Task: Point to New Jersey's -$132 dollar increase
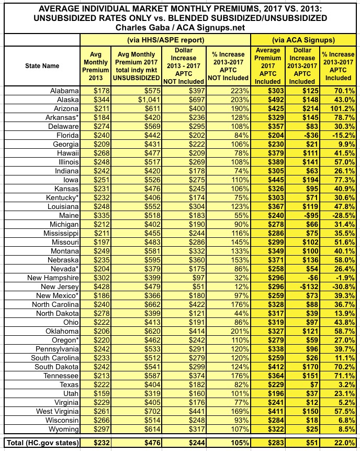(302, 287)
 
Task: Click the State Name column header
(42, 66)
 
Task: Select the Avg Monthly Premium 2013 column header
(96, 66)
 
